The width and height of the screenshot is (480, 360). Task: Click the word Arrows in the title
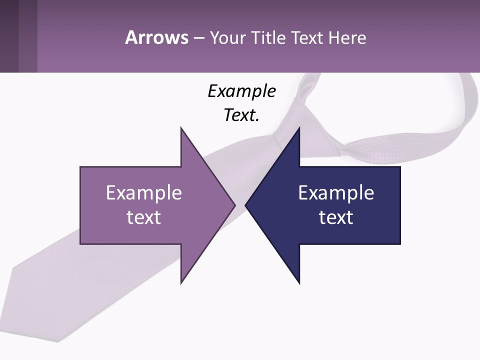pyautogui.click(x=156, y=37)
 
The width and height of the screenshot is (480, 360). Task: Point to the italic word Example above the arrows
pyautogui.click(x=241, y=91)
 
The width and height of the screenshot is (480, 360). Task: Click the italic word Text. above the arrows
pyautogui.click(x=241, y=115)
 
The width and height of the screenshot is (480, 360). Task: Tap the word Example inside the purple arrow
pyautogui.click(x=144, y=192)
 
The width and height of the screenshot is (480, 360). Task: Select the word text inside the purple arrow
pyautogui.click(x=144, y=217)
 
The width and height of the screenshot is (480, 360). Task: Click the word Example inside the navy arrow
pyautogui.click(x=336, y=192)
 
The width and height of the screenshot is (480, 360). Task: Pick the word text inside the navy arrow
pyautogui.click(x=336, y=217)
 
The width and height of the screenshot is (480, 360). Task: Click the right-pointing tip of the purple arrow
pyautogui.click(x=234, y=205)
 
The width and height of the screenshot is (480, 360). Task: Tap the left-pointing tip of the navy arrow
pyautogui.click(x=246, y=205)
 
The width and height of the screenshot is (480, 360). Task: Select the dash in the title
pyautogui.click(x=198, y=37)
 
